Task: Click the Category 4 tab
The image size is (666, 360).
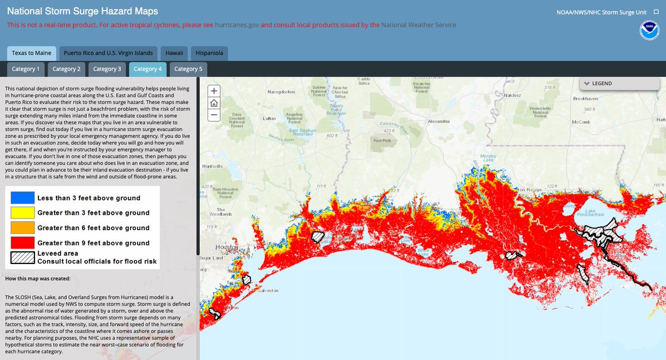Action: click(x=148, y=69)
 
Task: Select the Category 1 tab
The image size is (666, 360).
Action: click(x=26, y=69)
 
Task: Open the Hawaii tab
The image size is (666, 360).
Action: click(x=175, y=53)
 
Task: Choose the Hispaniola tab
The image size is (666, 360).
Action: click(x=209, y=53)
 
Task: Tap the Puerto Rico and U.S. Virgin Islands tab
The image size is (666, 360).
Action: click(x=108, y=53)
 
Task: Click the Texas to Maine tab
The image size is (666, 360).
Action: click(x=32, y=53)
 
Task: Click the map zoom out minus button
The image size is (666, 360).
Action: click(x=214, y=115)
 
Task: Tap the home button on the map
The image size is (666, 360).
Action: click(x=214, y=103)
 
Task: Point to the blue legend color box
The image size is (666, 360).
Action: click(x=22, y=197)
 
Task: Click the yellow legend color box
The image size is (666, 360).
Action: click(x=22, y=212)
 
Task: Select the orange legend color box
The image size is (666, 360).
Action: click(x=22, y=227)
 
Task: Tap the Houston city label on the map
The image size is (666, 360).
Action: click(x=224, y=246)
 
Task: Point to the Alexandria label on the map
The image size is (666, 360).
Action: click(x=442, y=121)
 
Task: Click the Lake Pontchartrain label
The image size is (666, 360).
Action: click(x=591, y=214)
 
